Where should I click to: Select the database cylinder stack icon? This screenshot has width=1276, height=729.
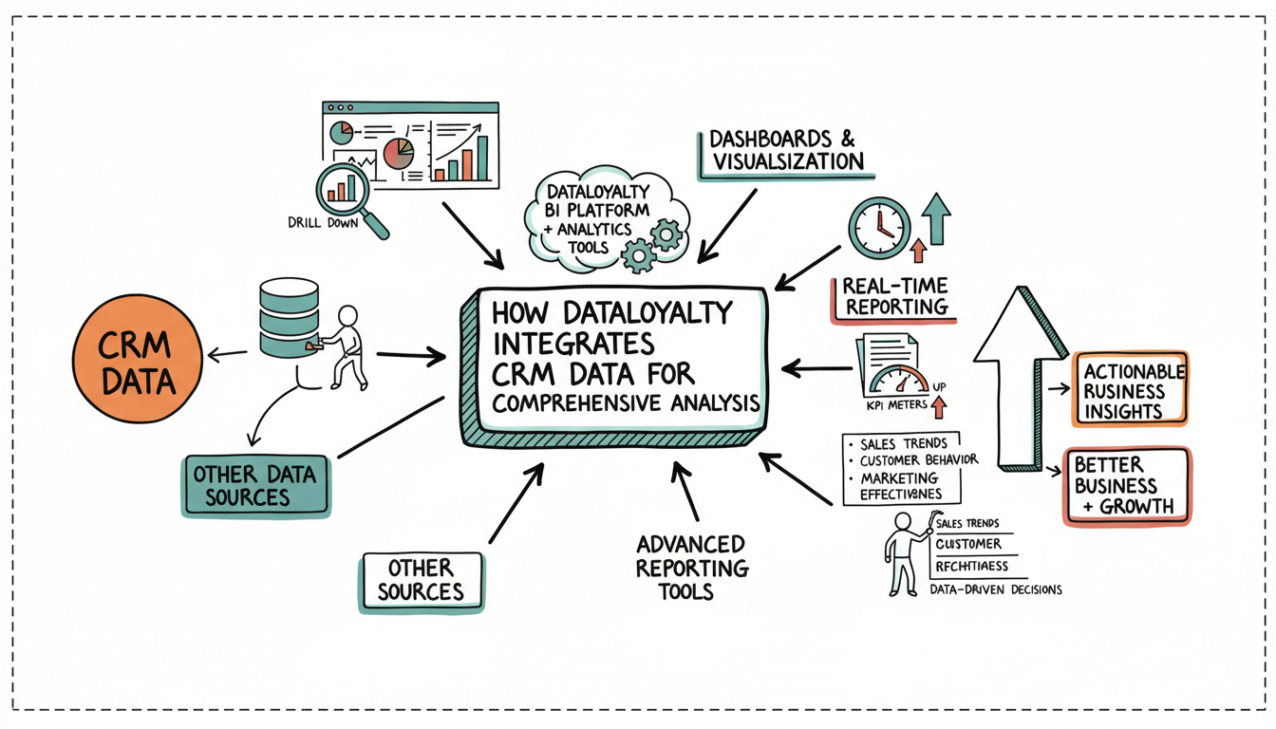pos(285,317)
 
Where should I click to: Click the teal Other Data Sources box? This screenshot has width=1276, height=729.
pos(253,484)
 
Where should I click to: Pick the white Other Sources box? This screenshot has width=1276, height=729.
pos(421,579)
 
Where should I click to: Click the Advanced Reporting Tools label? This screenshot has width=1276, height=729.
pos(690,568)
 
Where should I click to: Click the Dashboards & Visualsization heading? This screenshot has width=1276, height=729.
pos(787,150)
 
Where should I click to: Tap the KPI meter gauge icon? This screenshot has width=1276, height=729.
pos(896,377)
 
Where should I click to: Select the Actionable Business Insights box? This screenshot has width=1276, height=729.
pos(1130,390)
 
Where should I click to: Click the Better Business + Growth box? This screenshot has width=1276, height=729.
pos(1125,485)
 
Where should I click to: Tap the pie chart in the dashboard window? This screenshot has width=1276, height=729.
pos(399,152)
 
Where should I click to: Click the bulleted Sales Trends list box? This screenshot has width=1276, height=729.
pos(902,469)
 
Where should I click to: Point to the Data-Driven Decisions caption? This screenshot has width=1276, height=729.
pos(995,589)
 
